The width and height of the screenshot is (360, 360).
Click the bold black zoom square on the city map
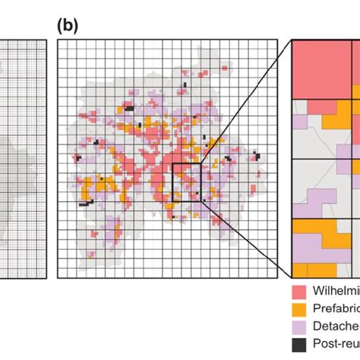coord(186,182)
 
